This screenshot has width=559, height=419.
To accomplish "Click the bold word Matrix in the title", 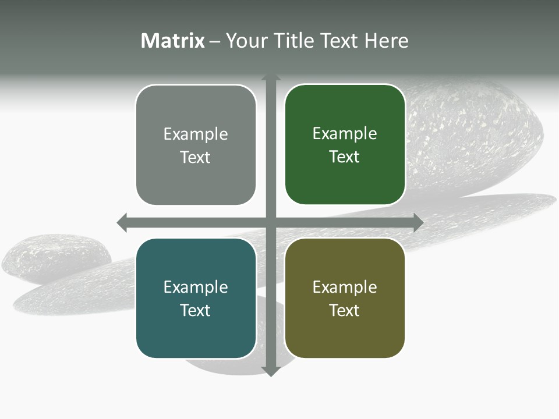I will [173, 41].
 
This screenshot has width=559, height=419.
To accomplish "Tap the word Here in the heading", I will [386, 41].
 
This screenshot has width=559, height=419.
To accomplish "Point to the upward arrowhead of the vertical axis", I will [271, 77].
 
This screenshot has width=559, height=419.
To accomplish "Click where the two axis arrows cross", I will [271, 222].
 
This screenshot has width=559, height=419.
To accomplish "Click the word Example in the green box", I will [345, 134].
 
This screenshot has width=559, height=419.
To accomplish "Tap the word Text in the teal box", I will [195, 310].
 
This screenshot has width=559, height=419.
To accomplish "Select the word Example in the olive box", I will [345, 287].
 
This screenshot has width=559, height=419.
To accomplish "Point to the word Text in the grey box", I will [195, 157].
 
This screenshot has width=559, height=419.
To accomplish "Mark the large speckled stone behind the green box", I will [477, 134].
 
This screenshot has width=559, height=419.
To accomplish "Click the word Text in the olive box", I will [345, 310].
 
